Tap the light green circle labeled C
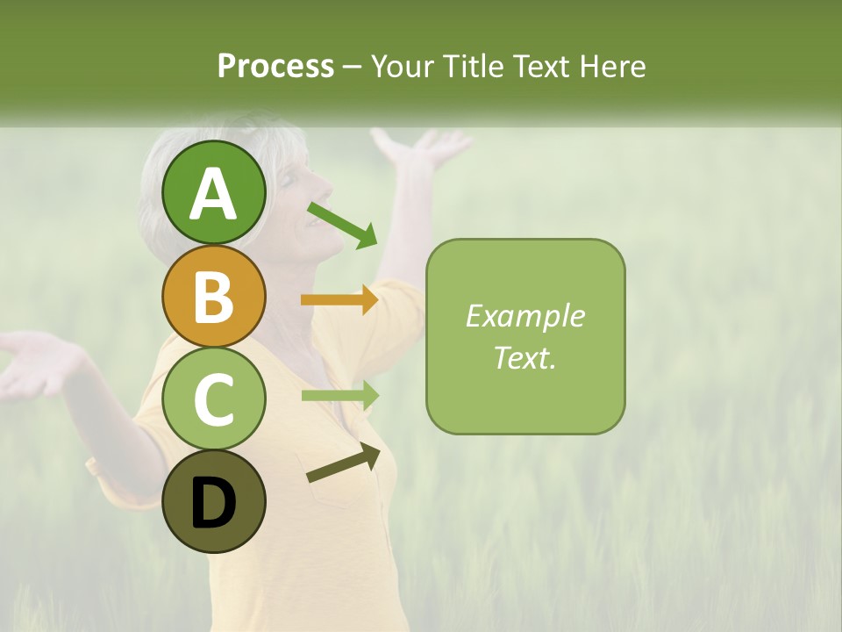214,399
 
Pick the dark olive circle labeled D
214,501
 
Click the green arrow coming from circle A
342,225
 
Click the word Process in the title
275,66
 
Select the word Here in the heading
611,66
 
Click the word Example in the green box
524,316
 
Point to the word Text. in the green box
524,357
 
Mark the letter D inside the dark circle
214,503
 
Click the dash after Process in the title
353,67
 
